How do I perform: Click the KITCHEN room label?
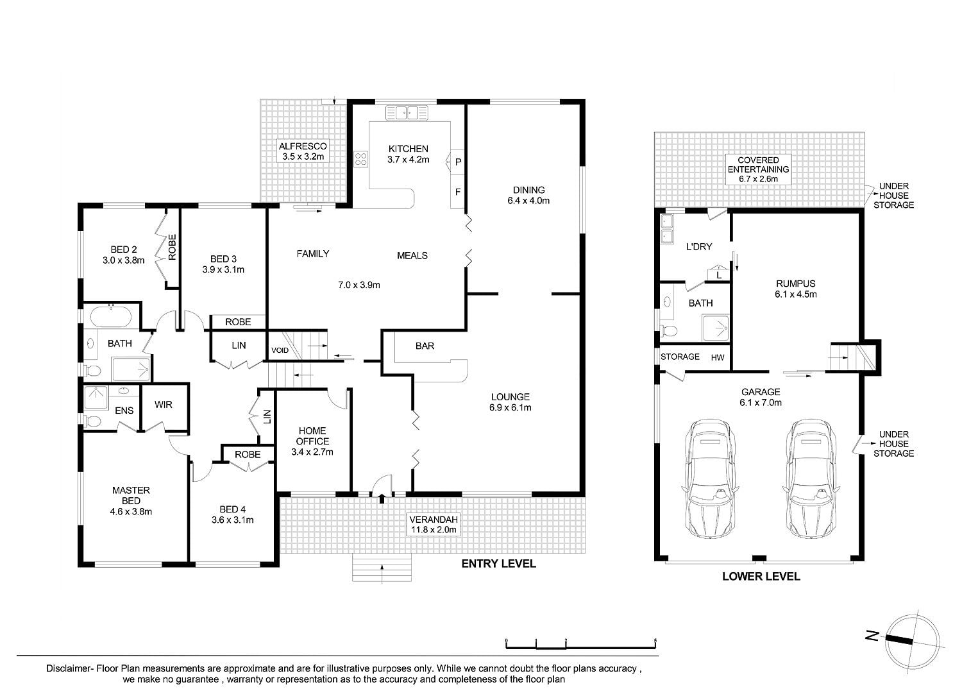408,149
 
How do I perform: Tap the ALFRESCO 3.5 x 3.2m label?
303,151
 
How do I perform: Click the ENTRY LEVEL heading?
498,564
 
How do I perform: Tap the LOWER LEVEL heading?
761,577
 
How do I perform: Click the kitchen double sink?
407,112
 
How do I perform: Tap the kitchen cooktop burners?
360,158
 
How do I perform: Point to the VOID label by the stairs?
280,350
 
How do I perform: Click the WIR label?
163,405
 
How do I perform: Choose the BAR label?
425,346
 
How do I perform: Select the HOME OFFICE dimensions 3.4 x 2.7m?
312,452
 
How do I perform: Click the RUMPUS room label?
796,284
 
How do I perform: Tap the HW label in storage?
718,357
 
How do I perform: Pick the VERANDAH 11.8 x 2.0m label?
434,525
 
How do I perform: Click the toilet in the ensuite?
92,421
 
